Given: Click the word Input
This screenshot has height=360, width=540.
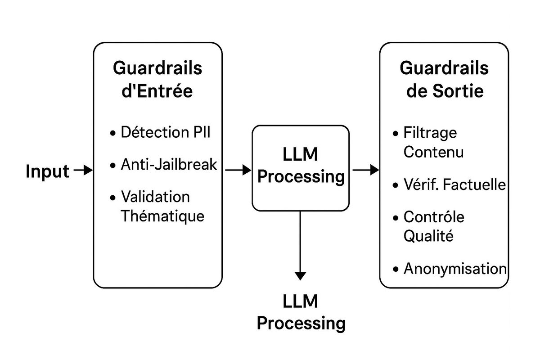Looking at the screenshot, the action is pyautogui.click(x=48, y=171).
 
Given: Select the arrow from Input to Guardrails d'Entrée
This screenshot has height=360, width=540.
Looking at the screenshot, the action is pyautogui.click(x=83, y=170).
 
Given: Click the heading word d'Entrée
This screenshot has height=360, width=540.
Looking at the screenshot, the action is pyautogui.click(x=157, y=91).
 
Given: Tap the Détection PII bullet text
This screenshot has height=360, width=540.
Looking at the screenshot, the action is pyautogui.click(x=166, y=132).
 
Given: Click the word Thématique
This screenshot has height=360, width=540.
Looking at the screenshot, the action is pyautogui.click(x=162, y=216).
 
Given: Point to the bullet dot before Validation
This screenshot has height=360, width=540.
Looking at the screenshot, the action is pyautogui.click(x=112, y=198).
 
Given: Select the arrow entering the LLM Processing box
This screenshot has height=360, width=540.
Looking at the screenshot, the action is pyautogui.click(x=238, y=170).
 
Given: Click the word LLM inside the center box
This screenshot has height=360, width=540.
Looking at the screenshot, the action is pyautogui.click(x=300, y=154).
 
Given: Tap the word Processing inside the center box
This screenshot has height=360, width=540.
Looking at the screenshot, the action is pyautogui.click(x=301, y=177).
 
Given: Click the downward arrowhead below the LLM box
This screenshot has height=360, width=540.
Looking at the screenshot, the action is pyautogui.click(x=301, y=276).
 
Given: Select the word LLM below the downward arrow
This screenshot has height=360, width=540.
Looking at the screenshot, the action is pyautogui.click(x=300, y=301).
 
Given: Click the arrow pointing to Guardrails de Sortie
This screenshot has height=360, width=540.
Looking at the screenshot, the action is pyautogui.click(x=366, y=170).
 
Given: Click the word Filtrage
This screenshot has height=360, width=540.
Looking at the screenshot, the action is pyautogui.click(x=430, y=133).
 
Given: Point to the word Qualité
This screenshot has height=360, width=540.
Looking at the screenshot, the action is pyautogui.click(x=428, y=236).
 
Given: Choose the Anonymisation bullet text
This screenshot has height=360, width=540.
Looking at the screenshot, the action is pyautogui.click(x=455, y=268).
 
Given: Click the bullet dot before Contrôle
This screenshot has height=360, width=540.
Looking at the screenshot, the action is pyautogui.click(x=396, y=218).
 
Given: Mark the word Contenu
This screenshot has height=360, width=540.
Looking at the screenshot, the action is pyautogui.click(x=433, y=152).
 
